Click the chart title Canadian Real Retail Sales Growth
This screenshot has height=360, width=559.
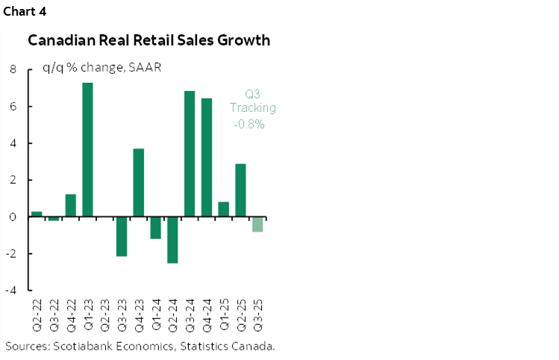[x=149, y=40]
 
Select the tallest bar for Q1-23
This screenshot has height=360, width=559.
[x=87, y=149]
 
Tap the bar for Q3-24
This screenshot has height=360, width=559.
[x=190, y=154]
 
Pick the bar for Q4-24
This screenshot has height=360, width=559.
[x=207, y=158]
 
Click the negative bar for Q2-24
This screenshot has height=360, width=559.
[x=172, y=240]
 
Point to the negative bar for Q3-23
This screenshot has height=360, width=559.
[x=122, y=236]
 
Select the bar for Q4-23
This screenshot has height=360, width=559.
[x=139, y=183]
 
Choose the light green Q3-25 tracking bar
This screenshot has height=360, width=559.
[x=257, y=224]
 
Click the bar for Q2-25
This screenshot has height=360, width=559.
[x=240, y=190]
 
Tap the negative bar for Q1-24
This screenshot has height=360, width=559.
[x=156, y=228]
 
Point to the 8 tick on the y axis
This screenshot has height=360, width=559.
[x=13, y=69]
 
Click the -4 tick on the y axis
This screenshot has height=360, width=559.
[x=11, y=291]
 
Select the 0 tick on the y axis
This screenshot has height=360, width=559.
[x=13, y=217]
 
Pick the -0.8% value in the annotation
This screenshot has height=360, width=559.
[x=249, y=124]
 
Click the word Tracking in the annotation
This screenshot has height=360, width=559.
[x=253, y=108]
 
